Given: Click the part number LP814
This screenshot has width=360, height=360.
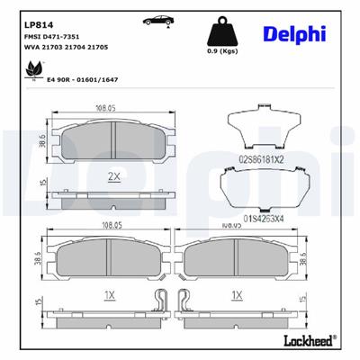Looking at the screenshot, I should (x=36, y=18).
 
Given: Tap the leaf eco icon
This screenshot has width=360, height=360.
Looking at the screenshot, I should (x=36, y=68).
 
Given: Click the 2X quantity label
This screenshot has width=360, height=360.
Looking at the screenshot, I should (x=112, y=175).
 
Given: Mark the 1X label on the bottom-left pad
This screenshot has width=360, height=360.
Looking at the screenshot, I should (x=110, y=293).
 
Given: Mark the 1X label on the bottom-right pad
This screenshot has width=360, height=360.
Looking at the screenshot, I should (x=237, y=293).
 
